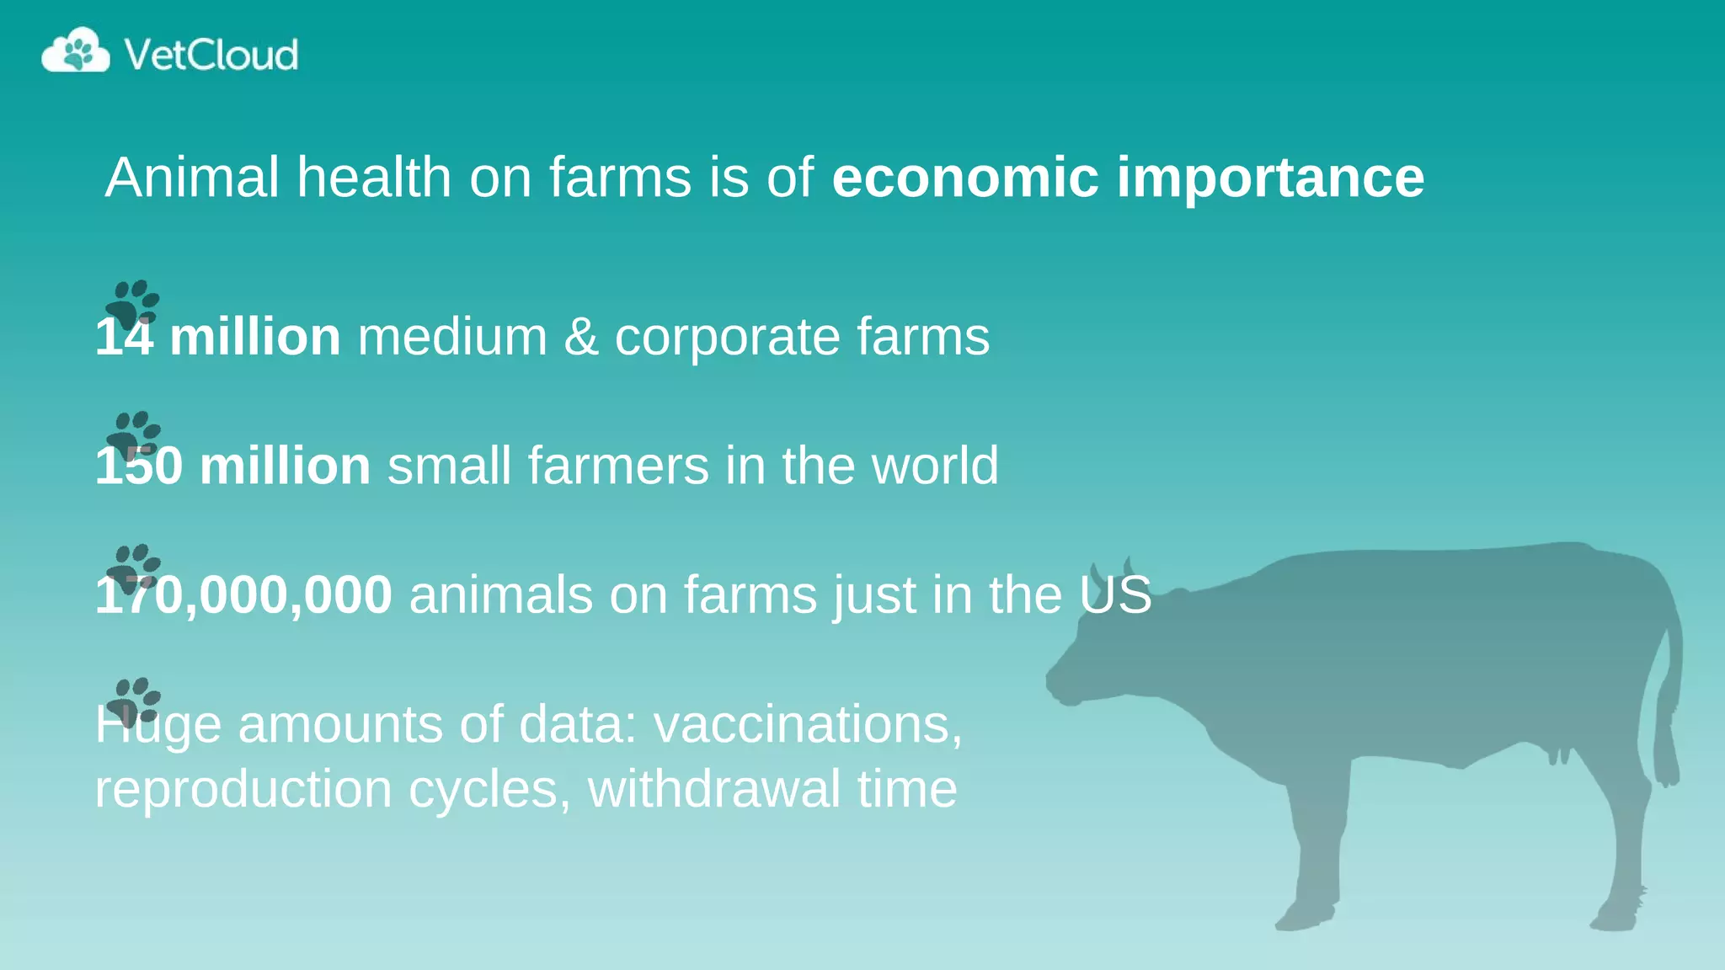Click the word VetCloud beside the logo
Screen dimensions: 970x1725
pos(211,55)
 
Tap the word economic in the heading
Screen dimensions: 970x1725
pos(965,178)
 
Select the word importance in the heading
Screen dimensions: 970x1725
pos(1270,179)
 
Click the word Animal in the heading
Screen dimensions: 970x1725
pos(192,178)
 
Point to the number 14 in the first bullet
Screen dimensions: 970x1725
pos(124,337)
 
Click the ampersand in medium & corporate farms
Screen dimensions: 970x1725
pos(580,337)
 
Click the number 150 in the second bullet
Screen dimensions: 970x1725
pos(139,466)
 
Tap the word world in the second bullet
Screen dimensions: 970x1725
pos(935,466)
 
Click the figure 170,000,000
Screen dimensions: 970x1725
pos(243,595)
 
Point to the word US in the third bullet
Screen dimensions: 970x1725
pos(1116,595)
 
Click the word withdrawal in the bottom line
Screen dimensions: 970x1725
pos(714,789)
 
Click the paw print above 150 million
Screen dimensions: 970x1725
pos(134,434)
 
